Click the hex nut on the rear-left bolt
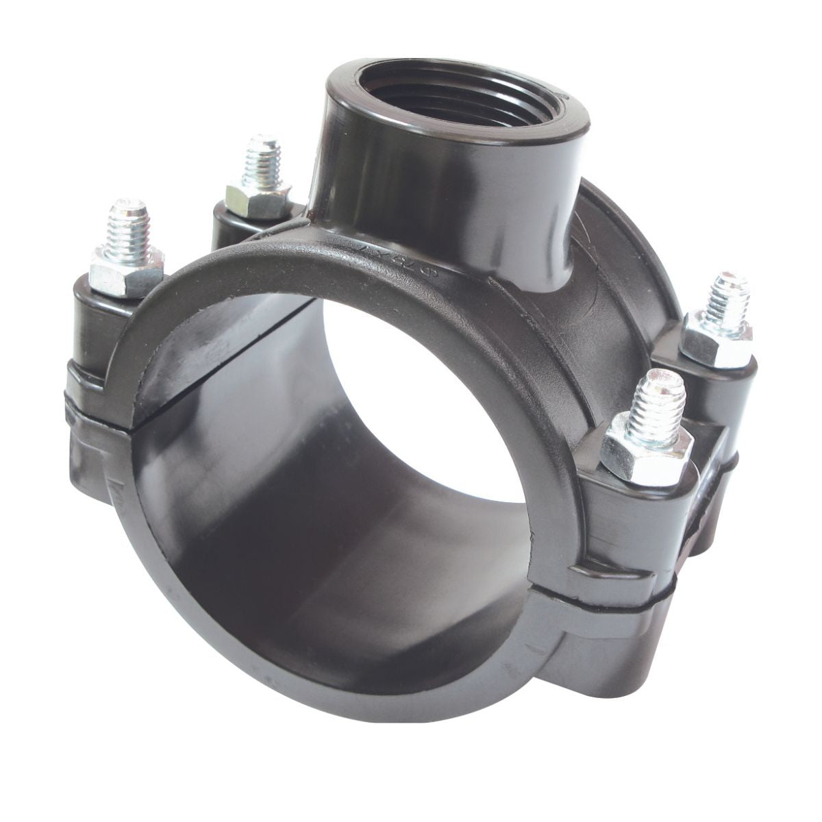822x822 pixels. click(x=259, y=197)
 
